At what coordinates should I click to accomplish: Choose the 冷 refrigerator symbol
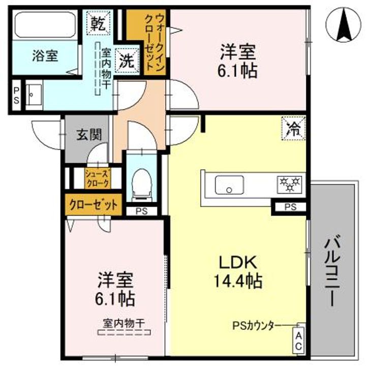[293, 127]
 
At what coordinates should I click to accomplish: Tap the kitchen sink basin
[229, 184]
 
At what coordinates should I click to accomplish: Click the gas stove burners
[289, 184]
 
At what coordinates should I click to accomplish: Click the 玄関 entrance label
[89, 135]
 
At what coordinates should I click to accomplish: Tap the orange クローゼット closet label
[93, 205]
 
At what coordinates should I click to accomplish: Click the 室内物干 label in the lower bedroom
[125, 322]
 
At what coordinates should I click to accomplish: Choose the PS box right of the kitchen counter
[290, 206]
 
